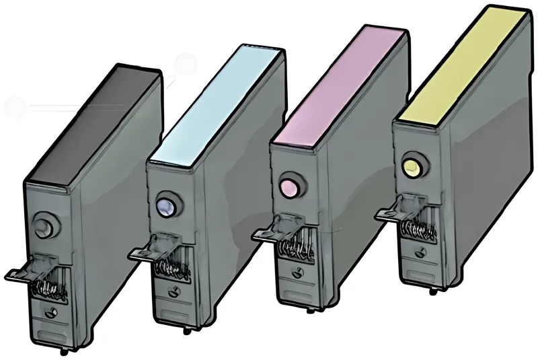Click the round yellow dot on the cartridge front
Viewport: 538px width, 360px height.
pyautogui.click(x=410, y=166)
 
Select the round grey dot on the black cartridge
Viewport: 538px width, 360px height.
pyautogui.click(x=42, y=221)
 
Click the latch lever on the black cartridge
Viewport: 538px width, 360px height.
pyautogui.click(x=20, y=273)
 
